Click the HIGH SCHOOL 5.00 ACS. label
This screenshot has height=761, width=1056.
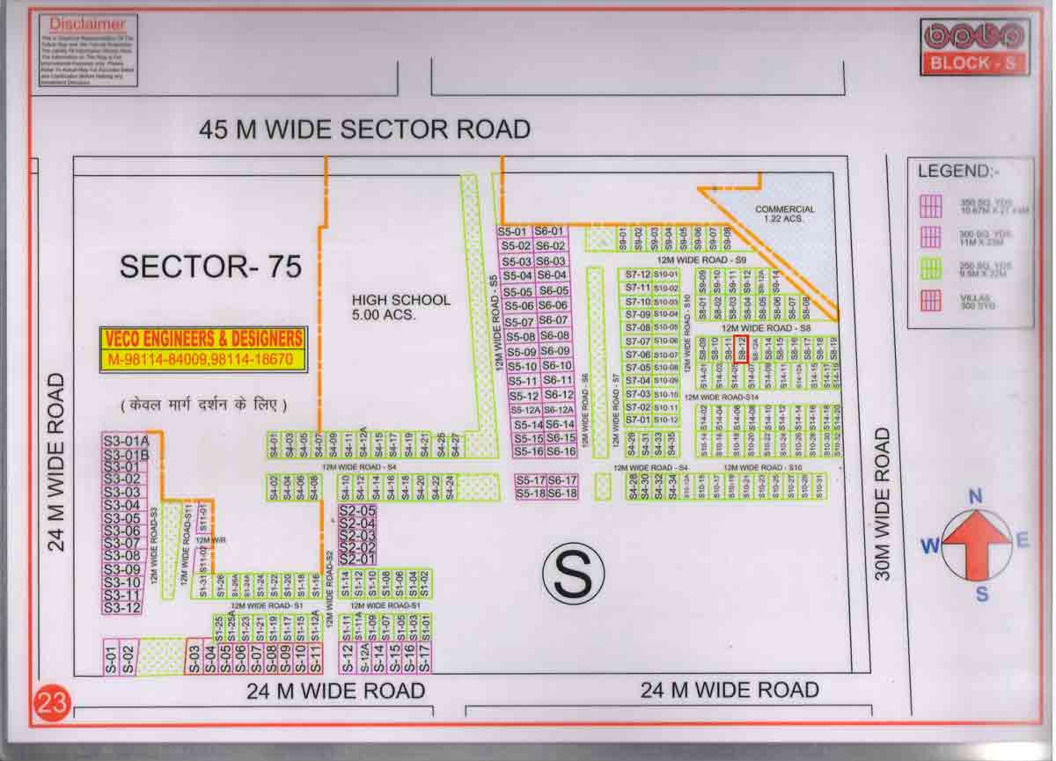400,307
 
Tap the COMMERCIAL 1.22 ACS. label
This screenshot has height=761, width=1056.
785,214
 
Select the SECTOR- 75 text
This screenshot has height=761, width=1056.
210,266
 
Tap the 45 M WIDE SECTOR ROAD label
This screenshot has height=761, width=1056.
364,129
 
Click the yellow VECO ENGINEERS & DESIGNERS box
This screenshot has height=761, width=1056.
203,348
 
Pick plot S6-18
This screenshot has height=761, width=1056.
561,494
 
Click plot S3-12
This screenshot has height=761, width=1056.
121,607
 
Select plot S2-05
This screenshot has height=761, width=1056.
357,510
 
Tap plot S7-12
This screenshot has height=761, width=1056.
637,274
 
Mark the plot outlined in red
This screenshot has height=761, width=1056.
742,349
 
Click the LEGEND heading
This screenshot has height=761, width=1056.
958,171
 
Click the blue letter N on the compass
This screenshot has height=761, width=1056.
975,497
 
